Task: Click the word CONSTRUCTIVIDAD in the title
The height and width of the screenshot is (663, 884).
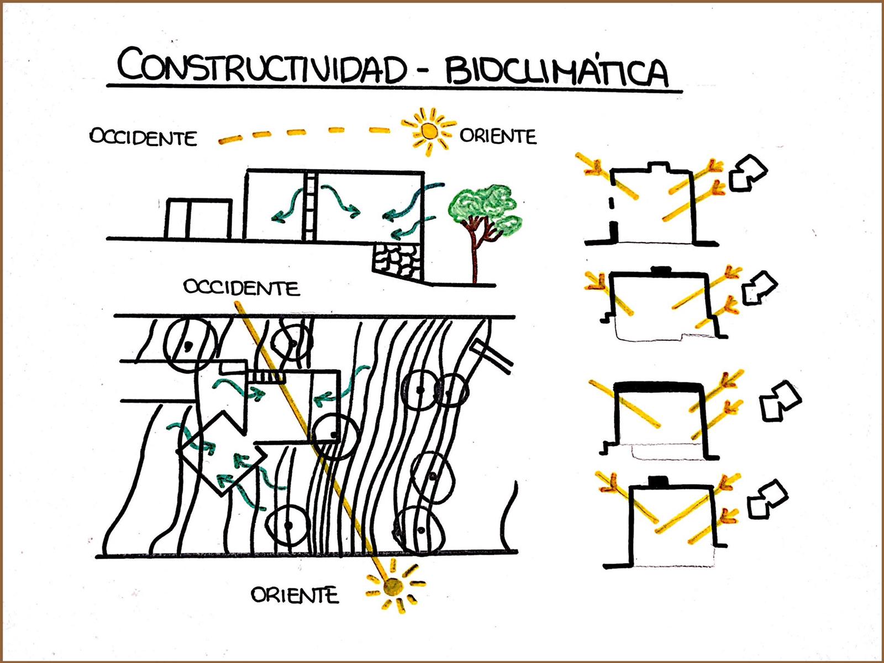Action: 262,65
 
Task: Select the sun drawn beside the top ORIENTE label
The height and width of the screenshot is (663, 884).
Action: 429,131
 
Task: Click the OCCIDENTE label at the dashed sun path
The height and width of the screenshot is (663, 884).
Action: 143,137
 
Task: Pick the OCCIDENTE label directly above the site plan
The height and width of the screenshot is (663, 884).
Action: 241,287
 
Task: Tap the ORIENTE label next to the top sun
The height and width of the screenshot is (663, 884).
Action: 498,136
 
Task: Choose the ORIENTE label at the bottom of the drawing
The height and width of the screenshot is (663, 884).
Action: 294,595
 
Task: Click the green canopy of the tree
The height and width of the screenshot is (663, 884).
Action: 485,209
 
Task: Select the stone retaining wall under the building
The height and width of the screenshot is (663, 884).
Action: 397,261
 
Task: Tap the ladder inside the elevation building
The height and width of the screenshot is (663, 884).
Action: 309,207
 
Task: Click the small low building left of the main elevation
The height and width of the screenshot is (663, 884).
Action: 198,219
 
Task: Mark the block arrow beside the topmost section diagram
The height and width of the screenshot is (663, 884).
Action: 748,173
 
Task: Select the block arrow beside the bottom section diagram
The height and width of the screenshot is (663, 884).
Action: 767,499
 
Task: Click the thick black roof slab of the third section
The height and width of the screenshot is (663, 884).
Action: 659,388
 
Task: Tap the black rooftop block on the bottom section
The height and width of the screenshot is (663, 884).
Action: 659,481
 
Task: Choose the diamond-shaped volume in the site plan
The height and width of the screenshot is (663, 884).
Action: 222,453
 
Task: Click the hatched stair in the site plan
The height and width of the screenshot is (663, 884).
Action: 266,377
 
